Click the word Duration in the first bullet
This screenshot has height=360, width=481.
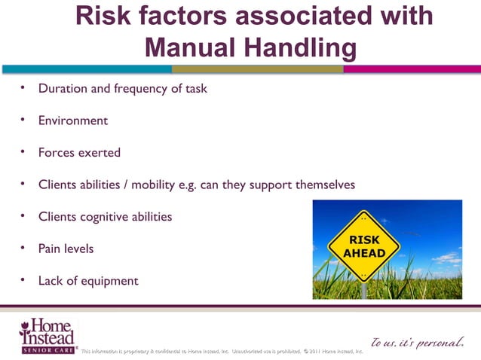[63, 88]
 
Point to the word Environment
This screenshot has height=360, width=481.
[73, 121]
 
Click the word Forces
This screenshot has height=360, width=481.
[57, 152]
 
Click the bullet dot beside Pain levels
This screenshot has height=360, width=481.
[23, 247]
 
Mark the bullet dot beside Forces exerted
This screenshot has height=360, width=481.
[23, 151]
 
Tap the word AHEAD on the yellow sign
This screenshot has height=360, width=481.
[365, 254]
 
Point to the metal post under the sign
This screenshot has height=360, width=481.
[364, 290]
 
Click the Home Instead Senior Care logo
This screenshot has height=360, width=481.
[47, 334]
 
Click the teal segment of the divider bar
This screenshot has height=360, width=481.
[86, 69]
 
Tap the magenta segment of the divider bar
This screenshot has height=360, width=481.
[412, 69]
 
